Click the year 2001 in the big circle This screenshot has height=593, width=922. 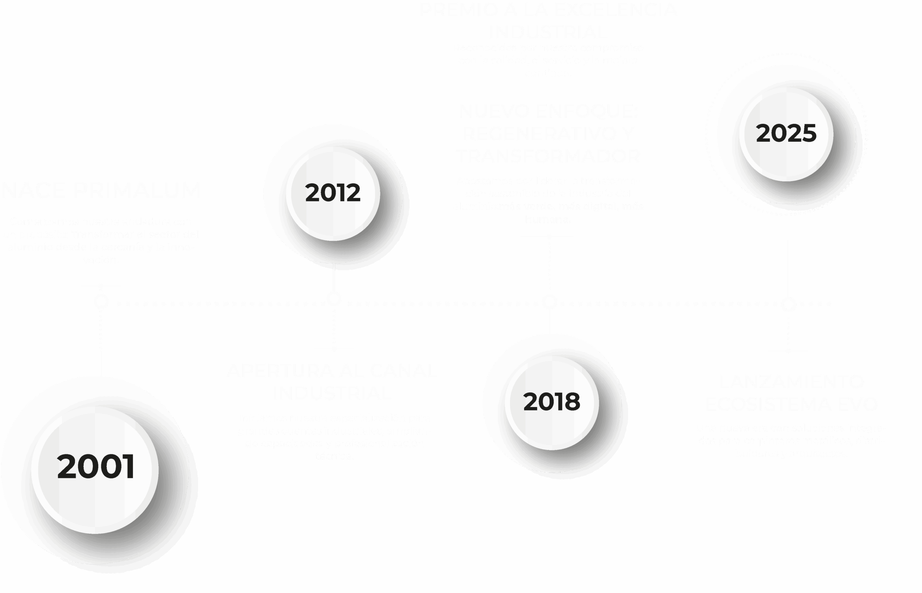point(95,467)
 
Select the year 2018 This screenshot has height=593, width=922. point(551,402)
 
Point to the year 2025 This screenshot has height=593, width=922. point(786,134)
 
